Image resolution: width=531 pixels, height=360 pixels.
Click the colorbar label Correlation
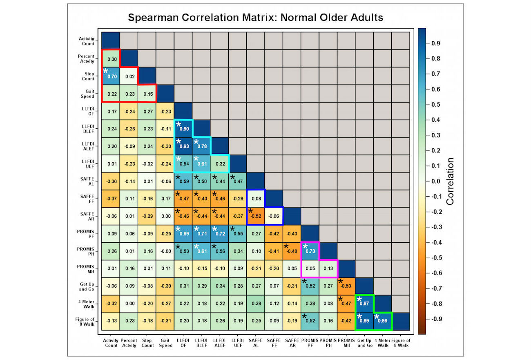(450, 181)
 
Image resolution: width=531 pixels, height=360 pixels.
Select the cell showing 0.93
(183, 146)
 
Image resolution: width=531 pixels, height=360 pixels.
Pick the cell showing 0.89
(364, 321)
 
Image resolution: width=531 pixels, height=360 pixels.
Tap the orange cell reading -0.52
(255, 216)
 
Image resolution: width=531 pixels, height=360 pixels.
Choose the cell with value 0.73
(310, 251)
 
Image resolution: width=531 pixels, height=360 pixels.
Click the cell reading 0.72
(219, 234)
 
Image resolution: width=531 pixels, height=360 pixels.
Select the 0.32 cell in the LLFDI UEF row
(219, 163)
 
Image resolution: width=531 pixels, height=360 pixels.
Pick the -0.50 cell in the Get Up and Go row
(346, 286)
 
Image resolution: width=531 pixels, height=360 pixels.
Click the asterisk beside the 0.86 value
(378, 317)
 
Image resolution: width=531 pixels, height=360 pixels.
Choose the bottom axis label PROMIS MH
(346, 343)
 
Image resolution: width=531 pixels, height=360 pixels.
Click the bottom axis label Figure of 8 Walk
(400, 343)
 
